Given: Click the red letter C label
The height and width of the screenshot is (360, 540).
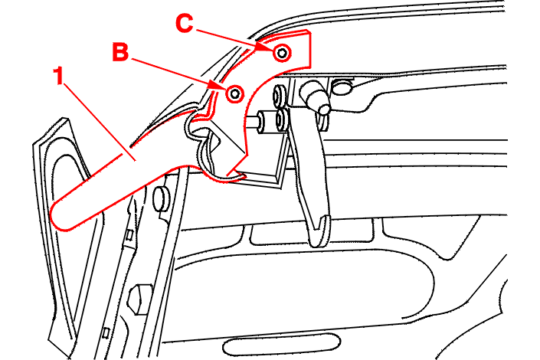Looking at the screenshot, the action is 185,24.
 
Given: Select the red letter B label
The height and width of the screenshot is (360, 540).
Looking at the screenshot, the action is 120,52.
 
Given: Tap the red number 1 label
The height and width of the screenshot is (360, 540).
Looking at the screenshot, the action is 59,76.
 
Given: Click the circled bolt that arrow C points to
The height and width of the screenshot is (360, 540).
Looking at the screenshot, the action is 282,53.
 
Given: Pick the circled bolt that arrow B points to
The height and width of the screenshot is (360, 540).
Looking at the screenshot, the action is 235,93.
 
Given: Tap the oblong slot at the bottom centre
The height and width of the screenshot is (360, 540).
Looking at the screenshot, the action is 282,345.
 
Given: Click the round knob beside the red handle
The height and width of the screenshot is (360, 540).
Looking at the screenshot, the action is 161,198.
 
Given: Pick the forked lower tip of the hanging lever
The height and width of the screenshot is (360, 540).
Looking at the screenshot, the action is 320,231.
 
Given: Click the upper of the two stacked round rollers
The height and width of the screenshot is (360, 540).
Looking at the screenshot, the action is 280,97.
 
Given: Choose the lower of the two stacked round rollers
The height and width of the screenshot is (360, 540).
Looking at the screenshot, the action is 282,120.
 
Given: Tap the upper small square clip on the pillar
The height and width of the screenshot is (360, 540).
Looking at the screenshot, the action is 129,235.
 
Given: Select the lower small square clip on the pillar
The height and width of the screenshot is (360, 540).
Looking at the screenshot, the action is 106,332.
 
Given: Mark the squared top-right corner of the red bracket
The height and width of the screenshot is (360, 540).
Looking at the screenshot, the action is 311,33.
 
